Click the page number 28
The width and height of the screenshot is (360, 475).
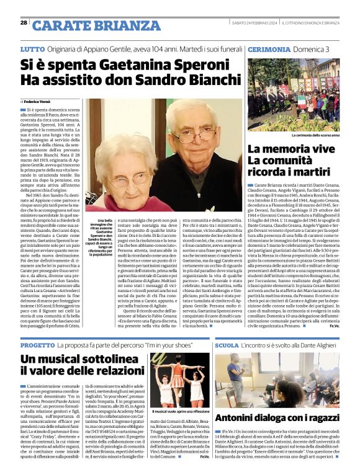(x=24, y=22)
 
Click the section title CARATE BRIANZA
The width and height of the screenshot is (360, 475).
(x=95, y=25)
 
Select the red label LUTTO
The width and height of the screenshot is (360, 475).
(x=32, y=48)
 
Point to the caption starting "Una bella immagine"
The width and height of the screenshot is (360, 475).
(x=101, y=236)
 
